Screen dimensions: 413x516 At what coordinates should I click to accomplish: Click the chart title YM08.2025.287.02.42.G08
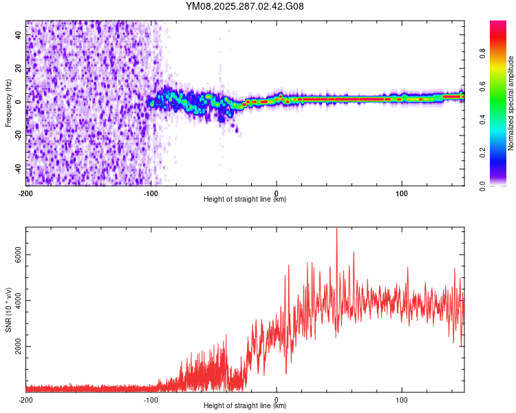[x=245, y=7]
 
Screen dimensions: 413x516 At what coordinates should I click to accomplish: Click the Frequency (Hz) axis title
[x=8, y=103]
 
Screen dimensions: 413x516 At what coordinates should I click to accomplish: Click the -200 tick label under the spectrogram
[x=25, y=193]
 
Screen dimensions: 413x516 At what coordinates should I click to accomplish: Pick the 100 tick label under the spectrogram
[x=402, y=193]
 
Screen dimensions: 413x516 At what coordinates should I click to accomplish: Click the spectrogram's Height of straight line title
[x=245, y=200]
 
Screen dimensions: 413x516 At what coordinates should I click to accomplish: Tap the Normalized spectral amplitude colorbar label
[x=510, y=103]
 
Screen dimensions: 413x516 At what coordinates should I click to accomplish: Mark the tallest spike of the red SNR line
[x=336, y=230]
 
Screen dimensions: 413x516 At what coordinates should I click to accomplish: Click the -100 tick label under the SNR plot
[x=151, y=399]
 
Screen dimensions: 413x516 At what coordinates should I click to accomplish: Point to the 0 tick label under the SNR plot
[x=277, y=399]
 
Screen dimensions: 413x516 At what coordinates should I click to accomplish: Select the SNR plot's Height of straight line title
[x=245, y=406]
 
